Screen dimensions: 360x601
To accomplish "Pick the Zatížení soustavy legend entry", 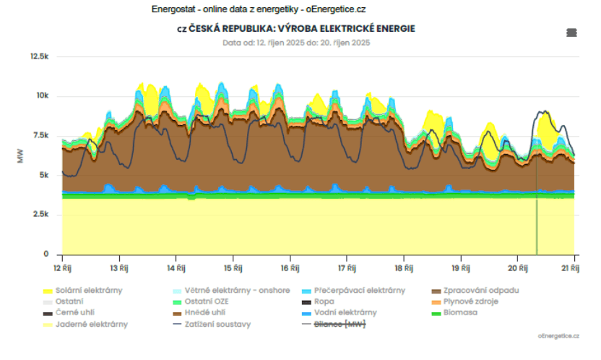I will coord(217,324).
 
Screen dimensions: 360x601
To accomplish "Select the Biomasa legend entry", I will coord(459,313).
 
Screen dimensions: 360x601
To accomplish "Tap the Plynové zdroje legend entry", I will coord(470,301).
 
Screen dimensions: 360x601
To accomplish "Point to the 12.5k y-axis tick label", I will coord(38,56).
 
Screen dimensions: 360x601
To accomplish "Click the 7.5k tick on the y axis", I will coord(40,136).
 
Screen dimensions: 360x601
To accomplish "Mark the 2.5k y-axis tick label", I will coord(40,215).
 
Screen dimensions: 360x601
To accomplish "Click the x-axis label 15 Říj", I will coord(233,268).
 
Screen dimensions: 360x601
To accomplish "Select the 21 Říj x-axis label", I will coord(574,268).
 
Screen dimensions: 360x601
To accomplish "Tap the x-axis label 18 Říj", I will coord(404,268).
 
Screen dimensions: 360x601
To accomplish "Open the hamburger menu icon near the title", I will coord(571,33).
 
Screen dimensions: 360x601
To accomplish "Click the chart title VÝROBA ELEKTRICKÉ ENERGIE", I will coord(296,28).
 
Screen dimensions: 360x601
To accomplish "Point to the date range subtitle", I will coord(296,43).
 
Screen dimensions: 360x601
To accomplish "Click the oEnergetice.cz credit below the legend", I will coord(558,336).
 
